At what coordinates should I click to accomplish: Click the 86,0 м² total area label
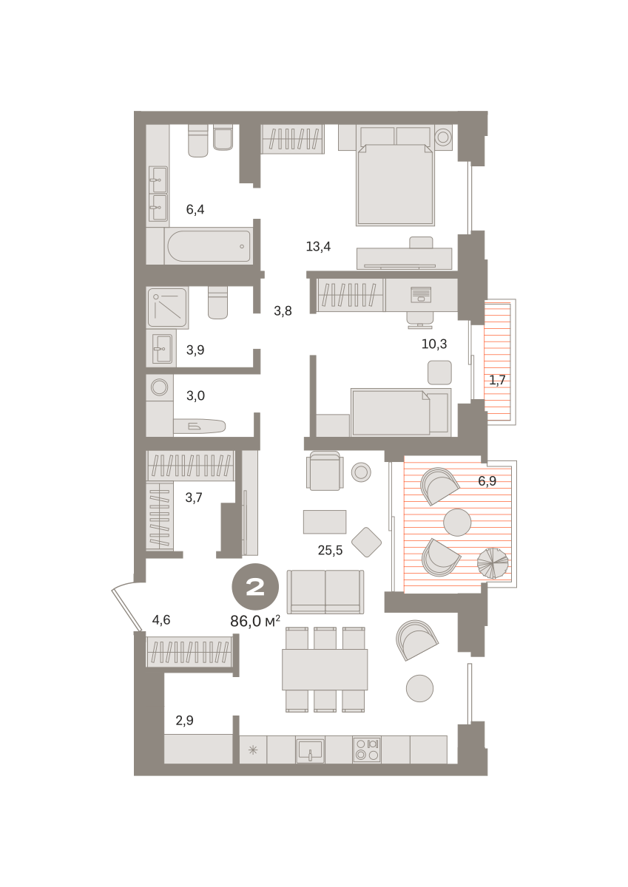(254, 621)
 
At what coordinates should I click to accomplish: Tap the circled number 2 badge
(255, 587)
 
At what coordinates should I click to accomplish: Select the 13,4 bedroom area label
(318, 247)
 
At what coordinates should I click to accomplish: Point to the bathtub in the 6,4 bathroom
(209, 246)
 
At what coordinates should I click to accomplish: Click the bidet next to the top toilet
(223, 137)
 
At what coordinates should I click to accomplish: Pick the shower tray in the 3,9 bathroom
(167, 307)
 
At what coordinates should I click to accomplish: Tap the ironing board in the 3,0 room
(199, 426)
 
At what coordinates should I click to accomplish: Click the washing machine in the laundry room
(160, 387)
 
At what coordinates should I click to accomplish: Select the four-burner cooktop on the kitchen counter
(366, 750)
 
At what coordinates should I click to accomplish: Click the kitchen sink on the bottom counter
(310, 750)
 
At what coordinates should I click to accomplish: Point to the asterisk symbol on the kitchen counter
(253, 750)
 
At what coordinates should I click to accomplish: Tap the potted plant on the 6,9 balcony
(493, 563)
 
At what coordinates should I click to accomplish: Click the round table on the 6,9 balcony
(457, 523)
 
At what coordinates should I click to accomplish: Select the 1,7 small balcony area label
(497, 380)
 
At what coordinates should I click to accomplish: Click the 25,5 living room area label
(330, 550)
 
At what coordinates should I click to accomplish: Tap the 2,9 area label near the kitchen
(185, 720)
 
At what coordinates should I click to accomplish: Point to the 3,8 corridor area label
(283, 311)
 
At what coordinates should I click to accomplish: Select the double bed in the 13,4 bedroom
(396, 184)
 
